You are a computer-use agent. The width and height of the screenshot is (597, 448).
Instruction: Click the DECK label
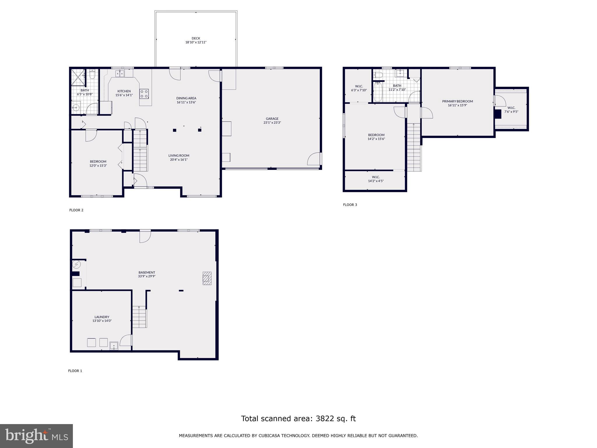point(196,38)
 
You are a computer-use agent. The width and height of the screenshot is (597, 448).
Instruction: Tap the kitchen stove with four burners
point(144,94)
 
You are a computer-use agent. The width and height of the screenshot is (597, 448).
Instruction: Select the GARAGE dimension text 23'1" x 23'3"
point(272,123)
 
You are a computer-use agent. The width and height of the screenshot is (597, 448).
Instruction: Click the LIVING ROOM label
point(179,155)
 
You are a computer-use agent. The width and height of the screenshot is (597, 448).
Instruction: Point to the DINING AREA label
point(186,98)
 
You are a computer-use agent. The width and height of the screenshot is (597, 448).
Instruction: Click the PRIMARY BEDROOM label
point(457,101)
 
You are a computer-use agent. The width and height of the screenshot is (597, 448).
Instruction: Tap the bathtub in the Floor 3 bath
point(377,92)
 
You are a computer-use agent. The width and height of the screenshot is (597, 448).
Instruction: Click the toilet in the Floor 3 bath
point(378,75)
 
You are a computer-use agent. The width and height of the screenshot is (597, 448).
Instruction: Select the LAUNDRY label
point(102,317)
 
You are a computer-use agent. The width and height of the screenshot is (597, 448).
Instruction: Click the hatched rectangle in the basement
point(207,278)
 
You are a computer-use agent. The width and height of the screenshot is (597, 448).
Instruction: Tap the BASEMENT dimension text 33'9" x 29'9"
point(147,276)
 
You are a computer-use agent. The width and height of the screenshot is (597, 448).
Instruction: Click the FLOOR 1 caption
point(75,371)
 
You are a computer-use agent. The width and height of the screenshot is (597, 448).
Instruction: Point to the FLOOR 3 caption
point(350,205)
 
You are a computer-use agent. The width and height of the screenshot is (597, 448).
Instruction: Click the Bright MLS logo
point(36,436)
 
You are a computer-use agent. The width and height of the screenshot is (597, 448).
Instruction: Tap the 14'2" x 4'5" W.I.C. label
point(375,181)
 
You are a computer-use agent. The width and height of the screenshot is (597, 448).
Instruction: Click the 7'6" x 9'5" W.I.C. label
point(511,111)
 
